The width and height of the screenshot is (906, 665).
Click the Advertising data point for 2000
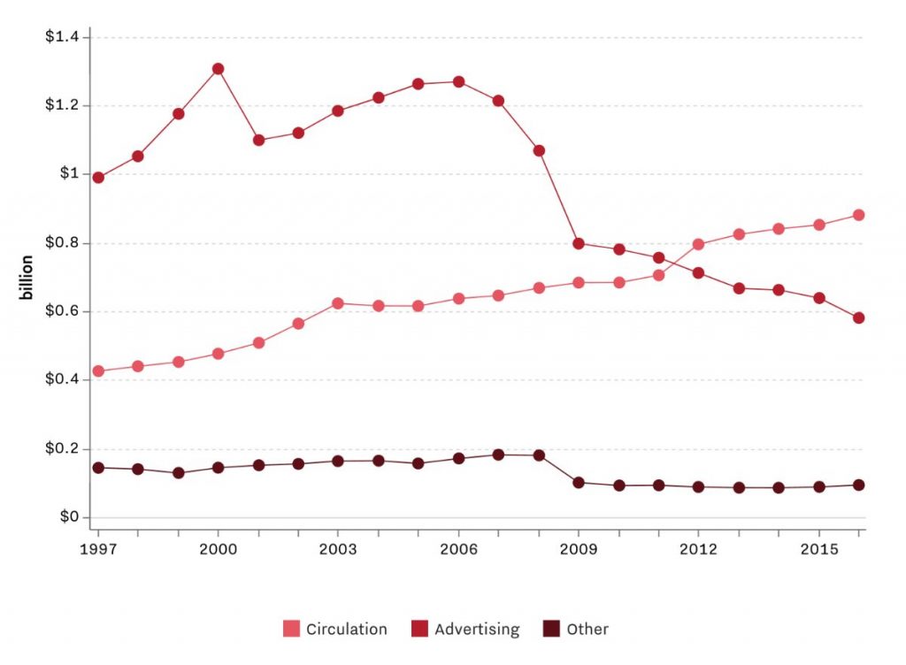click(218, 69)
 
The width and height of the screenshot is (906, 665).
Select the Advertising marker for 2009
click(579, 243)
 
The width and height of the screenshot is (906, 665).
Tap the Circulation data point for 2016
click(858, 215)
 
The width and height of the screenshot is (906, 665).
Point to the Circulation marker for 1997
click(98, 371)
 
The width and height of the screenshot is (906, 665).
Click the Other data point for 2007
click(498, 455)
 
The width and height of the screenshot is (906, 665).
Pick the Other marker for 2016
click(858, 485)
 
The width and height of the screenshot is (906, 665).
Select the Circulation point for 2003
click(337, 303)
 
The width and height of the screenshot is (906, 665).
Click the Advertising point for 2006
click(458, 82)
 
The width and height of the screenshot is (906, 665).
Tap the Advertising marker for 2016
click(858, 317)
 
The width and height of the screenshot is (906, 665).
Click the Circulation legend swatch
click(291, 630)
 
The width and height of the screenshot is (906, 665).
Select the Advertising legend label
click(477, 630)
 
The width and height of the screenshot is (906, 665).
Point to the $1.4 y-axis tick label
click(61, 36)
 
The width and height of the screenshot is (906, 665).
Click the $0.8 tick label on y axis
click(61, 242)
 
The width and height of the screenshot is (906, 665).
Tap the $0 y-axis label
click(69, 516)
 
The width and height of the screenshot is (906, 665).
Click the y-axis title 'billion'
click(28, 277)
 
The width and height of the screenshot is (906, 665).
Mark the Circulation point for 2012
click(699, 244)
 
